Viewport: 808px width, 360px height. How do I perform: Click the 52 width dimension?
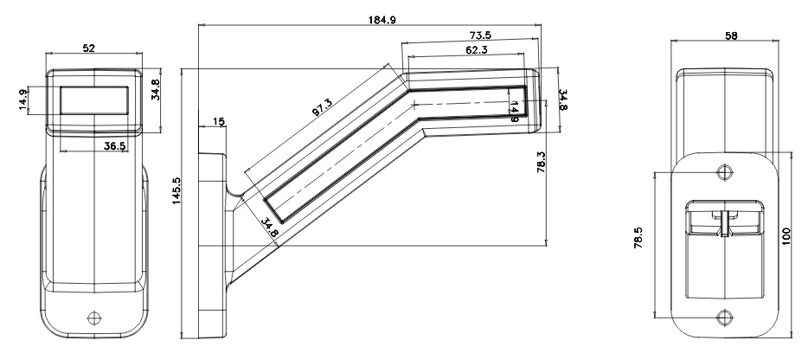(x=89, y=48)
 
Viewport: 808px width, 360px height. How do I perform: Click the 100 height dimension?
(x=786, y=235)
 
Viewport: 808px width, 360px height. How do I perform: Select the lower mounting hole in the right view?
(x=722, y=315)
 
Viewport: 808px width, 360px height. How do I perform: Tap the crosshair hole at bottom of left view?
(x=90, y=318)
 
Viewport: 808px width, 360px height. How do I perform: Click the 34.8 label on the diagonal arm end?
(x=268, y=227)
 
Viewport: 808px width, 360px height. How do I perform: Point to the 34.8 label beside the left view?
(x=156, y=89)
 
